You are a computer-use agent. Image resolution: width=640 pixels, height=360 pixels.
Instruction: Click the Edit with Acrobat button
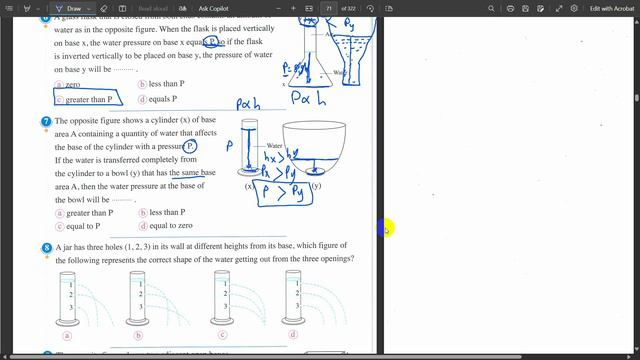pyautogui.click(x=605, y=9)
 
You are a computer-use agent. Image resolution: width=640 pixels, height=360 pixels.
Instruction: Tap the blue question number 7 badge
pyautogui.click(x=46, y=121)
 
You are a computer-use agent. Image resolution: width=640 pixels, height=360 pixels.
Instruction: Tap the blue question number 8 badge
pyautogui.click(x=46, y=247)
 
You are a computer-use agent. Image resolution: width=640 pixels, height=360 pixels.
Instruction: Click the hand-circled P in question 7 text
pyautogui.click(x=189, y=147)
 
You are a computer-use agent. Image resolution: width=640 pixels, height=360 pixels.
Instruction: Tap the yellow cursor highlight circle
pyautogui.click(x=387, y=229)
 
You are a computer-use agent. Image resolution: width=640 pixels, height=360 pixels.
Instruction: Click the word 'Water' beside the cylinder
pyautogui.click(x=274, y=145)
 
